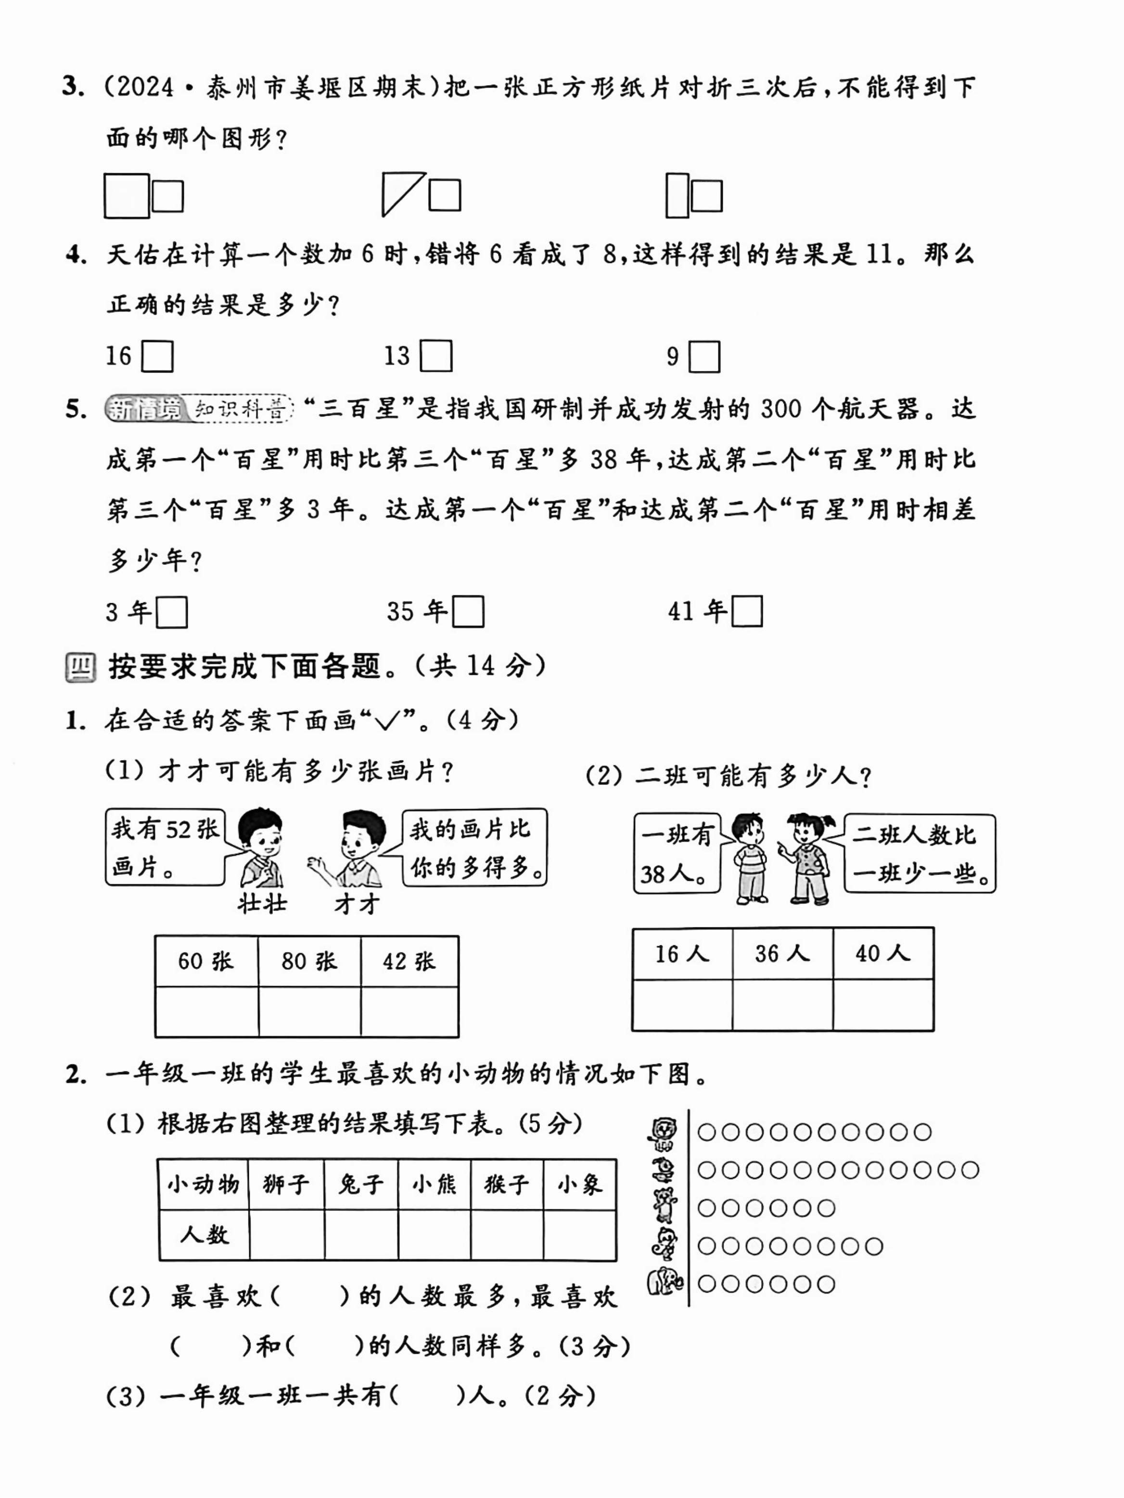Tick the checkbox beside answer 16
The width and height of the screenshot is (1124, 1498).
point(157,356)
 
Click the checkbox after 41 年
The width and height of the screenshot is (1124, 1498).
point(747,611)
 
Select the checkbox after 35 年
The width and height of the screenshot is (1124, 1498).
point(468,611)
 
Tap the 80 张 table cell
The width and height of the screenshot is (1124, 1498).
point(309,961)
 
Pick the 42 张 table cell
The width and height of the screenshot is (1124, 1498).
point(409,961)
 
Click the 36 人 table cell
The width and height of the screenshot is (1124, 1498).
point(782,953)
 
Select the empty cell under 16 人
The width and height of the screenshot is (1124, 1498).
point(682,1005)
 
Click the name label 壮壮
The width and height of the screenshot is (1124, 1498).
point(262,903)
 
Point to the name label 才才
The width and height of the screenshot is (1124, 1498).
point(357,903)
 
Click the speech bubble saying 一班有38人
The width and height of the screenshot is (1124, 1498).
point(676,853)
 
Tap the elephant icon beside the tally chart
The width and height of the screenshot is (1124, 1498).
point(664,1282)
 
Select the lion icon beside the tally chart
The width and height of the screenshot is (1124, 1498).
point(664,1133)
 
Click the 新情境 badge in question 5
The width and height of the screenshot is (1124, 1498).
point(145,409)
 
